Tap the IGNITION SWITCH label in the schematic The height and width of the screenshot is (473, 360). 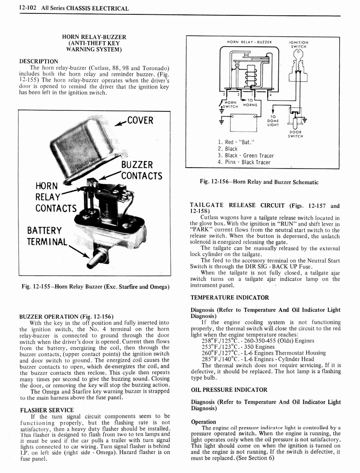tap(299, 44)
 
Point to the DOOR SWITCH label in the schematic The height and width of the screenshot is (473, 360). tap(295, 133)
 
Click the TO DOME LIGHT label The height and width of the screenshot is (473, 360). tap(273, 121)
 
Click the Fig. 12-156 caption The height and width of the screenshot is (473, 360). tap(259, 182)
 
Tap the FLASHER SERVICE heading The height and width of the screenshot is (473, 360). tap(47, 410)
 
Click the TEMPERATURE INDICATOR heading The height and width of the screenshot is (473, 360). tap(229, 297)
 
